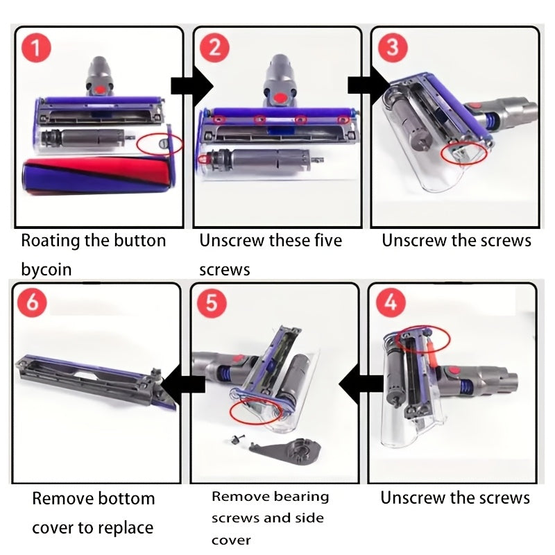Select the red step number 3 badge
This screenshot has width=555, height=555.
[392, 47]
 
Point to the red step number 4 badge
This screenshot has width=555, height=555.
[391, 303]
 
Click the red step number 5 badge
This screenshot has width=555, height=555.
[211, 303]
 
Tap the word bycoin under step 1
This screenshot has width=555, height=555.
[46, 269]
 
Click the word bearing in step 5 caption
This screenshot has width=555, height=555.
[301, 496]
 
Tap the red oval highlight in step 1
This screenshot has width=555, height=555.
[160, 144]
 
